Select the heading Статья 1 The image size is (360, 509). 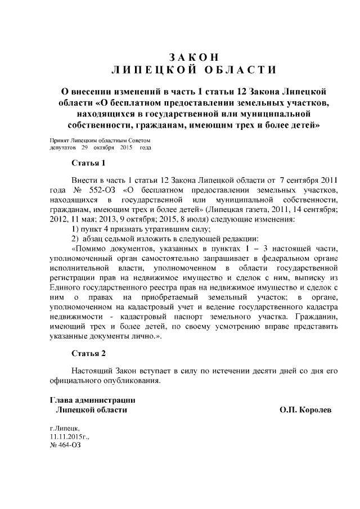[89, 164]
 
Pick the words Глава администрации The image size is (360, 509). [92, 400]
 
